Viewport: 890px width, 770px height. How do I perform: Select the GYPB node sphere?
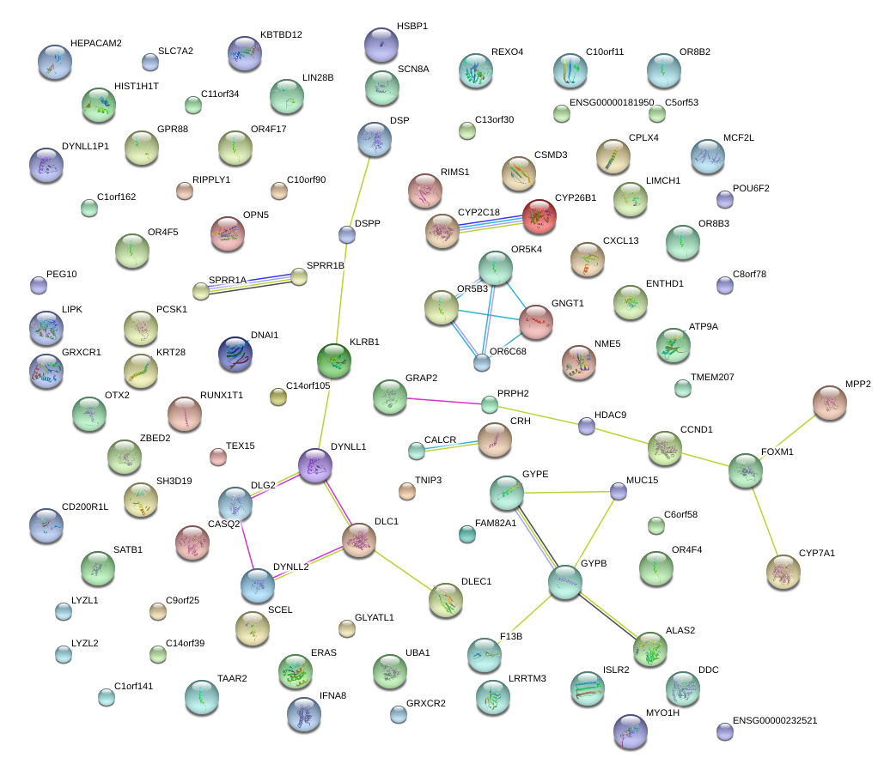[x=565, y=582]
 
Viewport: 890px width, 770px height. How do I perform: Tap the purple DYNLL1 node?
[x=315, y=464]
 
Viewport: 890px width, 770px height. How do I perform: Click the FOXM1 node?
[x=746, y=470]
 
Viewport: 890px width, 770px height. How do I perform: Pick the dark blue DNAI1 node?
[x=235, y=354]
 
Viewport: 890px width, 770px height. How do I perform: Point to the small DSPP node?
[x=347, y=233]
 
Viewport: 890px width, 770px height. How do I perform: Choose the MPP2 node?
[x=830, y=402]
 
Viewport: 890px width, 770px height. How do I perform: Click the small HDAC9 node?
[x=587, y=425]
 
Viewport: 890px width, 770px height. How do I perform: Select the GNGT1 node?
[x=536, y=321]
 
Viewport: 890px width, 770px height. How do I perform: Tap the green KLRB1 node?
[x=334, y=360]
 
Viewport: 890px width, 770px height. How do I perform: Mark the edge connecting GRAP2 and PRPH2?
[x=443, y=401]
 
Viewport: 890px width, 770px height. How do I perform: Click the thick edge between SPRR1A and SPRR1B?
[x=249, y=283]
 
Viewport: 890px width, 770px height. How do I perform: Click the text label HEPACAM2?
[x=96, y=43]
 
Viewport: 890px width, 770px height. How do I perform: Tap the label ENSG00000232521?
[x=774, y=720]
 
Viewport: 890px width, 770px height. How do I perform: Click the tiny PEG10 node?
[x=38, y=284]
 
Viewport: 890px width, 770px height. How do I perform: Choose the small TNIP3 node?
[x=407, y=490]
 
